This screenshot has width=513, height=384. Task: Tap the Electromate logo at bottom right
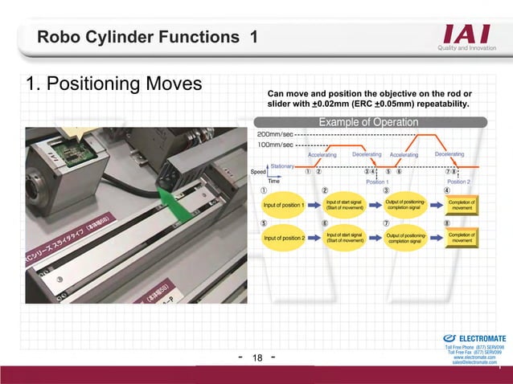pos(474,338)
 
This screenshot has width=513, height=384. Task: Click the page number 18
pos(257,358)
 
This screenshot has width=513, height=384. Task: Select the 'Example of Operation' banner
pos(368,122)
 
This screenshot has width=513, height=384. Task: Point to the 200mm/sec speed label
pos(273,134)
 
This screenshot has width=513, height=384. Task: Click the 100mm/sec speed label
pos(273,145)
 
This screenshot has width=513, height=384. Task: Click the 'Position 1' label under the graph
pos(377,182)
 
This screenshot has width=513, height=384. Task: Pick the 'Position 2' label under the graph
pos(458,182)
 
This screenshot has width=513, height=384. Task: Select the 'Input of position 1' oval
pos(284,205)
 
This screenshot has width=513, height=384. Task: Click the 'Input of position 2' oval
pos(284,239)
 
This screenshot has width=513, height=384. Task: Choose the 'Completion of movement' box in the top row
pos(462,205)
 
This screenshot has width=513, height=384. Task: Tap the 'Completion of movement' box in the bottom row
pos(462,239)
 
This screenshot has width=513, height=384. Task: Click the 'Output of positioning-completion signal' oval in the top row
pos(406,205)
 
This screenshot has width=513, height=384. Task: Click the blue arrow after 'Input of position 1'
pos(315,205)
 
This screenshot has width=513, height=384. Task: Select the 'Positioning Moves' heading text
pos(113,84)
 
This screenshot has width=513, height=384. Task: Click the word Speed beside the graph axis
pos(259,172)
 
